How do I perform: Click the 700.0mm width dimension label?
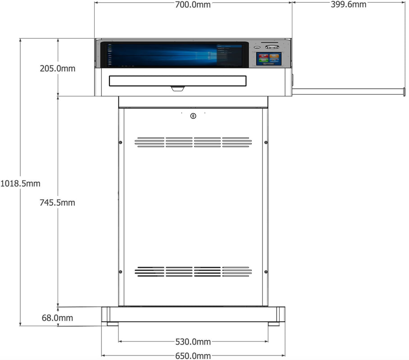[193, 4]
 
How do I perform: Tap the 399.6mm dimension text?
[349, 4]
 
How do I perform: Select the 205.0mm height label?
[58, 68]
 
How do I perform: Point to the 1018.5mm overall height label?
[20, 184]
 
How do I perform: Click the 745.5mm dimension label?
[57, 202]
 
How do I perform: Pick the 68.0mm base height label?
[57, 318]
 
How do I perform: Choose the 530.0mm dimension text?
[193, 342]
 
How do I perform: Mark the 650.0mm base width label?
[193, 356]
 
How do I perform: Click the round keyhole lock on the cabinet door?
[193, 116]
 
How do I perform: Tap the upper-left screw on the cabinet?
[121, 142]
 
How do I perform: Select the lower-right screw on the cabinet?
[266, 272]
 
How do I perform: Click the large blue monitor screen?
[174, 55]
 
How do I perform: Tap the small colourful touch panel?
[269, 58]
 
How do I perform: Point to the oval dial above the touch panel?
[272, 47]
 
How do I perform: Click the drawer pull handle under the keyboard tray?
[178, 89]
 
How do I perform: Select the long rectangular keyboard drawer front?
[177, 81]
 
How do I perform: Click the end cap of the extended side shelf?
[404, 92]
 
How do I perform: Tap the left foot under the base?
[113, 324]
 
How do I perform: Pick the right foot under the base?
[273, 324]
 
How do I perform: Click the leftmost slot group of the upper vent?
[150, 142]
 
